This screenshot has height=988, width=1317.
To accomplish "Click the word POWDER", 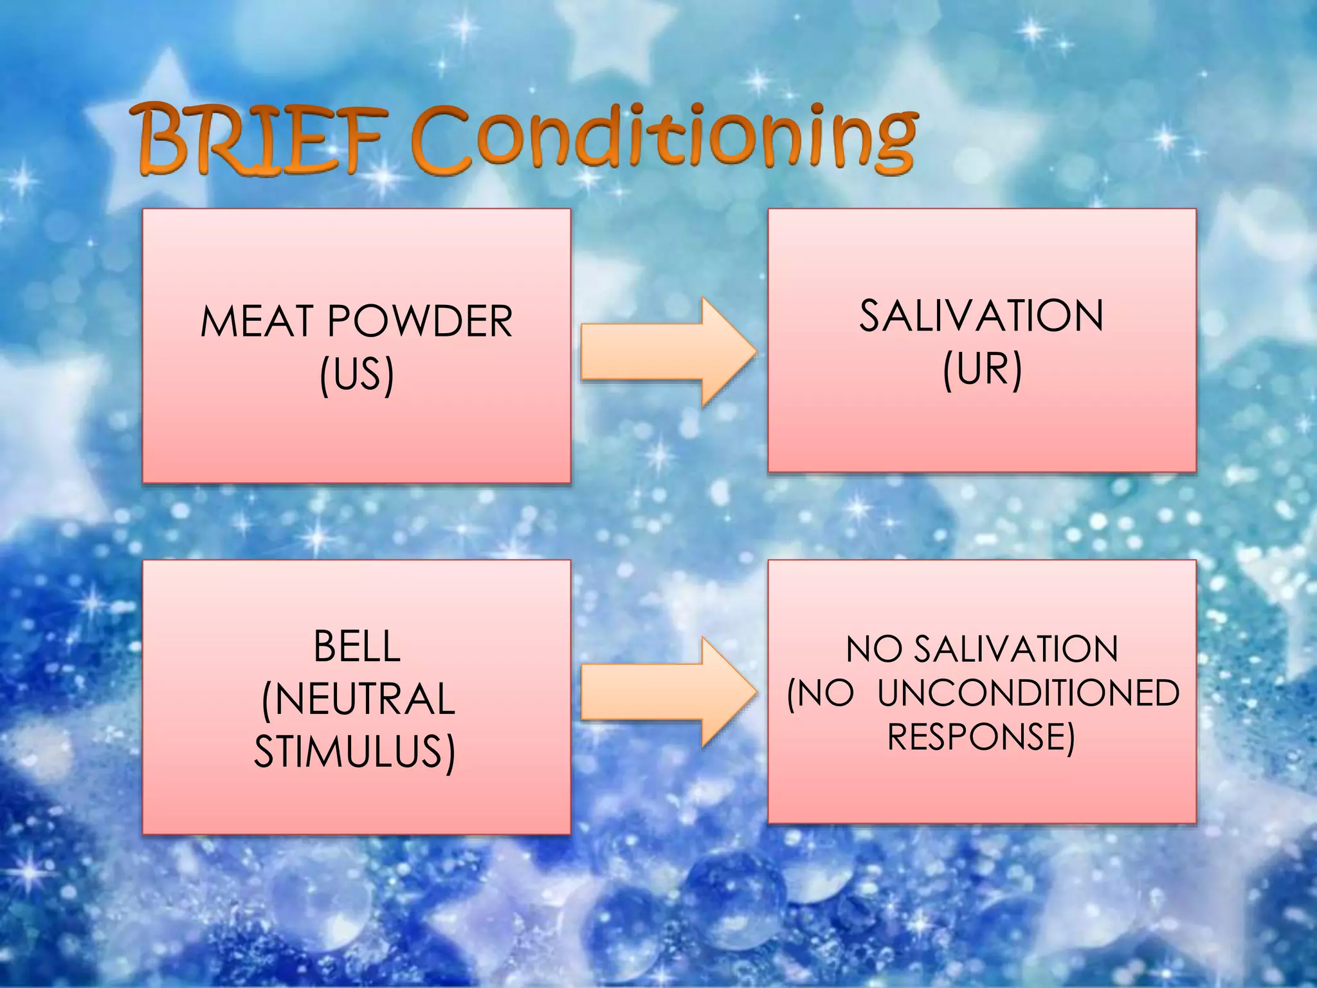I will tap(420, 321).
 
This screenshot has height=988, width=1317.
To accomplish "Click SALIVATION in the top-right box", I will tap(981, 316).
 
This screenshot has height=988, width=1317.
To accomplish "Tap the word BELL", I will tap(357, 646).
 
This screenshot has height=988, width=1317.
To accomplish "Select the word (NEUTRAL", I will tap(358, 699).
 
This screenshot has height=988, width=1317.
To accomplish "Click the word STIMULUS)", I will tap(355, 751).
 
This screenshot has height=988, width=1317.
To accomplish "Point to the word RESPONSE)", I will tap(981, 736).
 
